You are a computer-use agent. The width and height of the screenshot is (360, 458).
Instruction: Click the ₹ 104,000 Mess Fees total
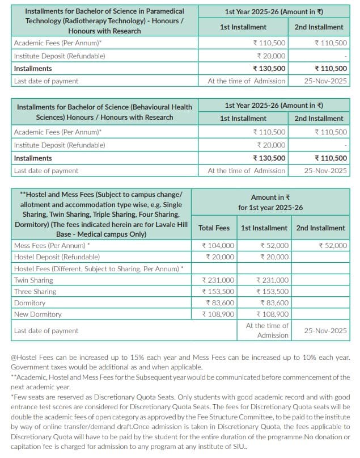tap(218, 246)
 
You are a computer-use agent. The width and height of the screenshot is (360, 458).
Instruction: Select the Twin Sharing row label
tap(33, 280)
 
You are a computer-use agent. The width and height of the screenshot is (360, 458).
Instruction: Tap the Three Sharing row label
tap(35, 291)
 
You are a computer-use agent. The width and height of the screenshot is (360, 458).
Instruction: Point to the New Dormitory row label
tap(38, 314)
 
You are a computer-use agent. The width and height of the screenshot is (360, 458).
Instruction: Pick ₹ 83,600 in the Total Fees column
tap(220, 302)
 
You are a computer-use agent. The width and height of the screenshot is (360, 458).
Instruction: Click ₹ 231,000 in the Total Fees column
tap(218, 280)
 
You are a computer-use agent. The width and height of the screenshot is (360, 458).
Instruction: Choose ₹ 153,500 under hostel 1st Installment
tap(273, 291)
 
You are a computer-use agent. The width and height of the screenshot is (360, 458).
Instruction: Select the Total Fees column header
tap(214, 228)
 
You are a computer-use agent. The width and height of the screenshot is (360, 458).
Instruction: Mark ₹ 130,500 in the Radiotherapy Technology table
tap(269, 69)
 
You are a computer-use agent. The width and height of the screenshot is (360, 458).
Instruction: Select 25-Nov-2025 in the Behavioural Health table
tap(325, 171)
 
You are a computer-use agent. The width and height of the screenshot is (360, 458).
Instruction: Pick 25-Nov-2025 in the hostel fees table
tap(325, 330)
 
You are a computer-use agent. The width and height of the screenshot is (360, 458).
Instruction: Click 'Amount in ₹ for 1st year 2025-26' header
tap(271, 202)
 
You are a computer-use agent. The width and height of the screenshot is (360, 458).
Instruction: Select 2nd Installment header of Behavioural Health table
tap(319, 119)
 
